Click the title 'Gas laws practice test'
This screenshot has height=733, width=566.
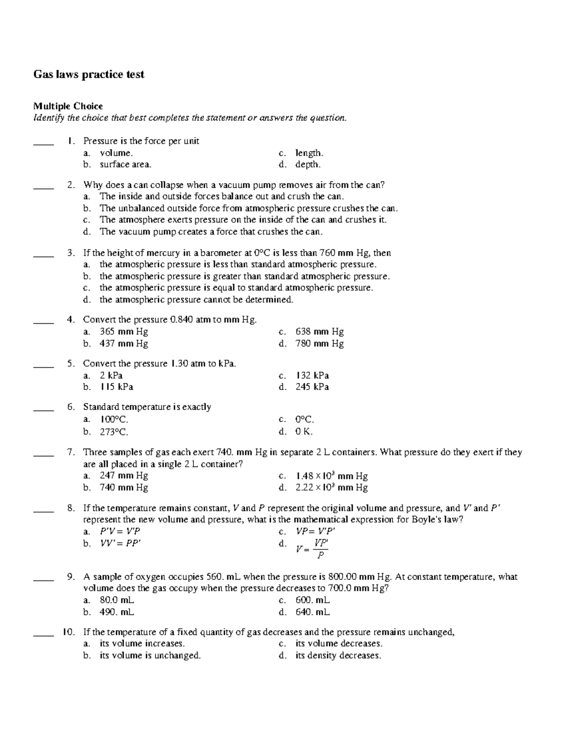click(x=88, y=75)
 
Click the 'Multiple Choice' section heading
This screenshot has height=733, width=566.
click(x=68, y=106)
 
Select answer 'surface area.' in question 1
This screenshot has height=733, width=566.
click(x=125, y=165)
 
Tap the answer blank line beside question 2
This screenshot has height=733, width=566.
click(x=43, y=189)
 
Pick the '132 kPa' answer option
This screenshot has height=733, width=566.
click(x=312, y=376)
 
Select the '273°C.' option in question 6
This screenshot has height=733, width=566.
click(x=114, y=431)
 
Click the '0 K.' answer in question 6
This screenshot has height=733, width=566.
click(x=304, y=431)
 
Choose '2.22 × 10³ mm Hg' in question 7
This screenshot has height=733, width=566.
click(x=331, y=488)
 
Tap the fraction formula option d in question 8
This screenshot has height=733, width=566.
click(x=312, y=548)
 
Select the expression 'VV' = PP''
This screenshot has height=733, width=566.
click(x=120, y=543)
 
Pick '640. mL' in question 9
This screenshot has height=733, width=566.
click(x=312, y=612)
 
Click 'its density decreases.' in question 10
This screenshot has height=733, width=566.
click(x=338, y=656)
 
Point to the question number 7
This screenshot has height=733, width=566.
click(x=71, y=453)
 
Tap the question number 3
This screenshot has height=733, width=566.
click(x=71, y=253)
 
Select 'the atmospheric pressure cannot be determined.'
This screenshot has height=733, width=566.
click(x=196, y=300)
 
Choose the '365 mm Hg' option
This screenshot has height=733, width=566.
click(x=124, y=332)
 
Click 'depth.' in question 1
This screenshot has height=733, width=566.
click(x=308, y=165)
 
